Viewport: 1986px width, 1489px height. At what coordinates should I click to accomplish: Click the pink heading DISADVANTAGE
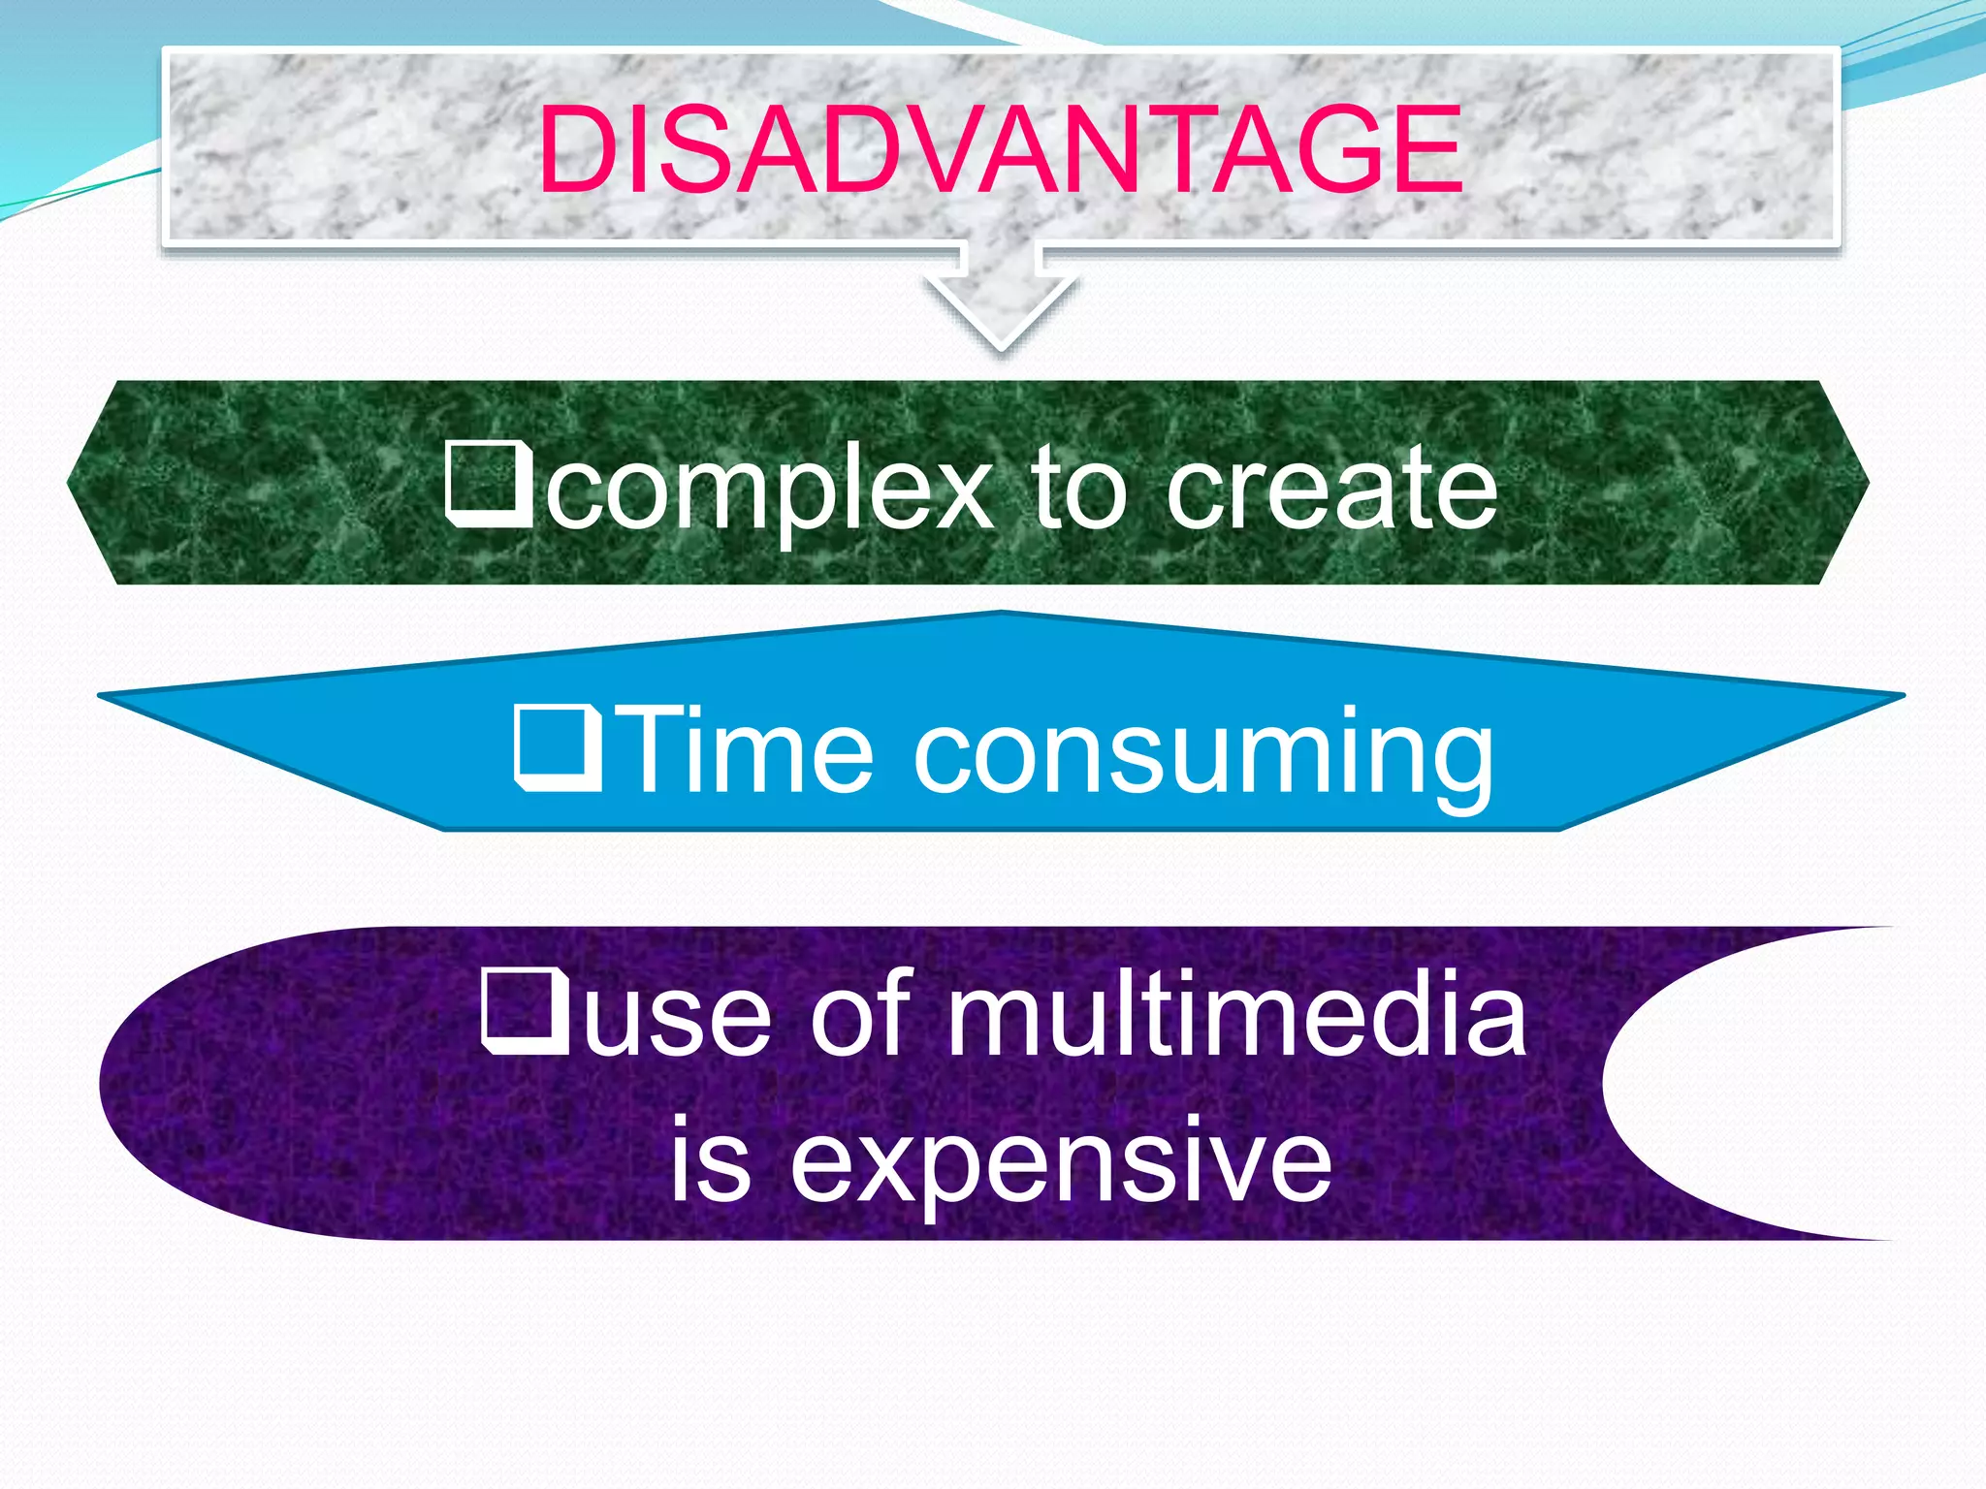(x=1001, y=150)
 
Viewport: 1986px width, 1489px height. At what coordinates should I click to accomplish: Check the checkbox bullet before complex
(x=488, y=484)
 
